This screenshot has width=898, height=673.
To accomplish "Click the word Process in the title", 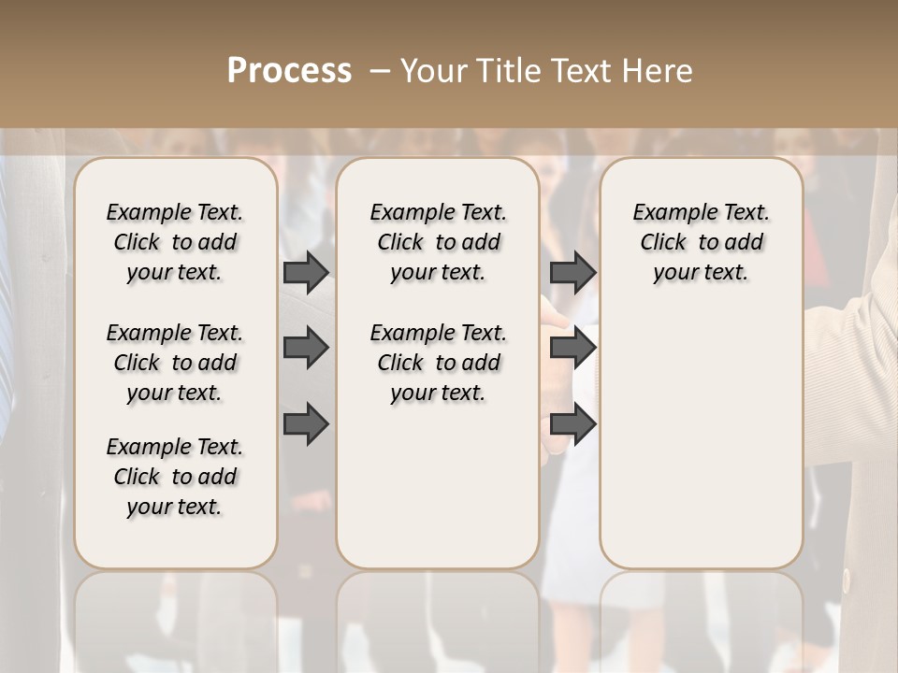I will coord(289,70).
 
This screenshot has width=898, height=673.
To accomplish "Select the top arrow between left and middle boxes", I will coord(306,272).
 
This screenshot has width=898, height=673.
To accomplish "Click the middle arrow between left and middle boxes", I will coord(306,348).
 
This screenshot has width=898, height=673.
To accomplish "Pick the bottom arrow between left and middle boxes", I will coord(306,424).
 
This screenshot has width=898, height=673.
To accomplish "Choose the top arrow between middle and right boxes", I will coord(572,272).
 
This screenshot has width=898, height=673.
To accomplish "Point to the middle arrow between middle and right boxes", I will coord(572,348).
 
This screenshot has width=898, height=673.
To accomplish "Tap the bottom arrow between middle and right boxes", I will coord(572,424).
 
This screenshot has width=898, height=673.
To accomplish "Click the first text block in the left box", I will coord(175,242).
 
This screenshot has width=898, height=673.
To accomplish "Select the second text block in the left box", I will coord(175,363).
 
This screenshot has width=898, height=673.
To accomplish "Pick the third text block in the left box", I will coord(175,477).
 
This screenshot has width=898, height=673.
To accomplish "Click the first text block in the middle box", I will coord(439,242).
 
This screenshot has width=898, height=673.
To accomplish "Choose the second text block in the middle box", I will coord(439,363).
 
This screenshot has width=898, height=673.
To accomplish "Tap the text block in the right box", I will coord(702,242).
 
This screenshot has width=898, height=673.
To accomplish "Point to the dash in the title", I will coord(380,70).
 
